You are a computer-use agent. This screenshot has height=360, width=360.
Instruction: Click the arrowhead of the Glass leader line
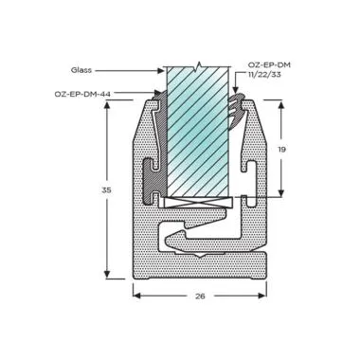[x=161, y=69]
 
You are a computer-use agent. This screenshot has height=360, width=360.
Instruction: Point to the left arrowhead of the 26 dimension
[x=136, y=295]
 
